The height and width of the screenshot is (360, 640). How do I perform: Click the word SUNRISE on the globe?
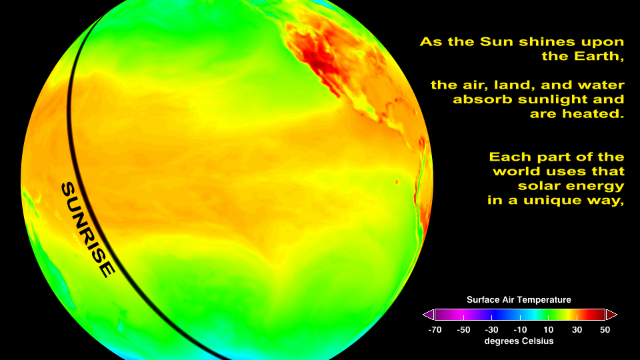tap(88, 230)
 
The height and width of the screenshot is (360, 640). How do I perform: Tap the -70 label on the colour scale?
tap(435, 330)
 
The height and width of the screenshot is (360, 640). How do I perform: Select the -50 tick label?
tap(463, 330)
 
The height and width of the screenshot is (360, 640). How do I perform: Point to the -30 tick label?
tap(491, 330)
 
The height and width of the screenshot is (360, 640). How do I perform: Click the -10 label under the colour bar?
tap(520, 330)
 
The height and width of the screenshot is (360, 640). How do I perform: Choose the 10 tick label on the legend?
tap(549, 330)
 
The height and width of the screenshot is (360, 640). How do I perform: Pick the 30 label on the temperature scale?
tap(577, 330)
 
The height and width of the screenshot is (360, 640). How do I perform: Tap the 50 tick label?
tap(605, 330)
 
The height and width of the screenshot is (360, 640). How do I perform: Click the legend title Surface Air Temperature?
tap(519, 300)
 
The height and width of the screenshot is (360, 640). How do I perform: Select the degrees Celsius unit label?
tap(519, 341)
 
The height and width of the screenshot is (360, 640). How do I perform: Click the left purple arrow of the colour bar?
tap(428, 315)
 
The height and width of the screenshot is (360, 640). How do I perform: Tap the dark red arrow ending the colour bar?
tap(611, 315)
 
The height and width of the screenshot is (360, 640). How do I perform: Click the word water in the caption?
tap(603, 85)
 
